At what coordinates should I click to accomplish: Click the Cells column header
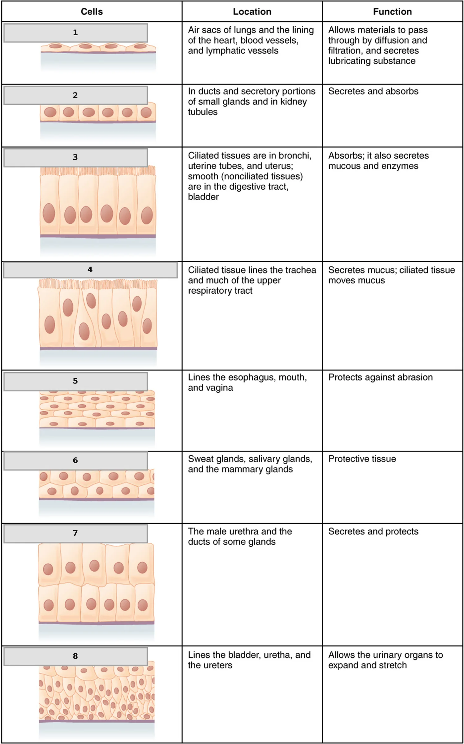click(x=92, y=12)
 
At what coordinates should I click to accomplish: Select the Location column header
click(x=252, y=12)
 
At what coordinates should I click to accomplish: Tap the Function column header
click(x=392, y=12)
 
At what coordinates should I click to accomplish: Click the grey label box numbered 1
click(x=75, y=32)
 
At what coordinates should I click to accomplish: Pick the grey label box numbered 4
click(x=90, y=270)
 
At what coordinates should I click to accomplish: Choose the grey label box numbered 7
click(x=75, y=533)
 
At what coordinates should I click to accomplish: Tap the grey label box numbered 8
click(x=75, y=656)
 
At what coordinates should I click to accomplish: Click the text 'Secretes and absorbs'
click(x=373, y=91)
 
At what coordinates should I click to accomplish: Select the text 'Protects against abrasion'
click(x=380, y=377)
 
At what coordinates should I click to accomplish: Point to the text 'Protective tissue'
click(x=362, y=459)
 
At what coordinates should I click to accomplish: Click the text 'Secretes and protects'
click(x=373, y=531)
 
